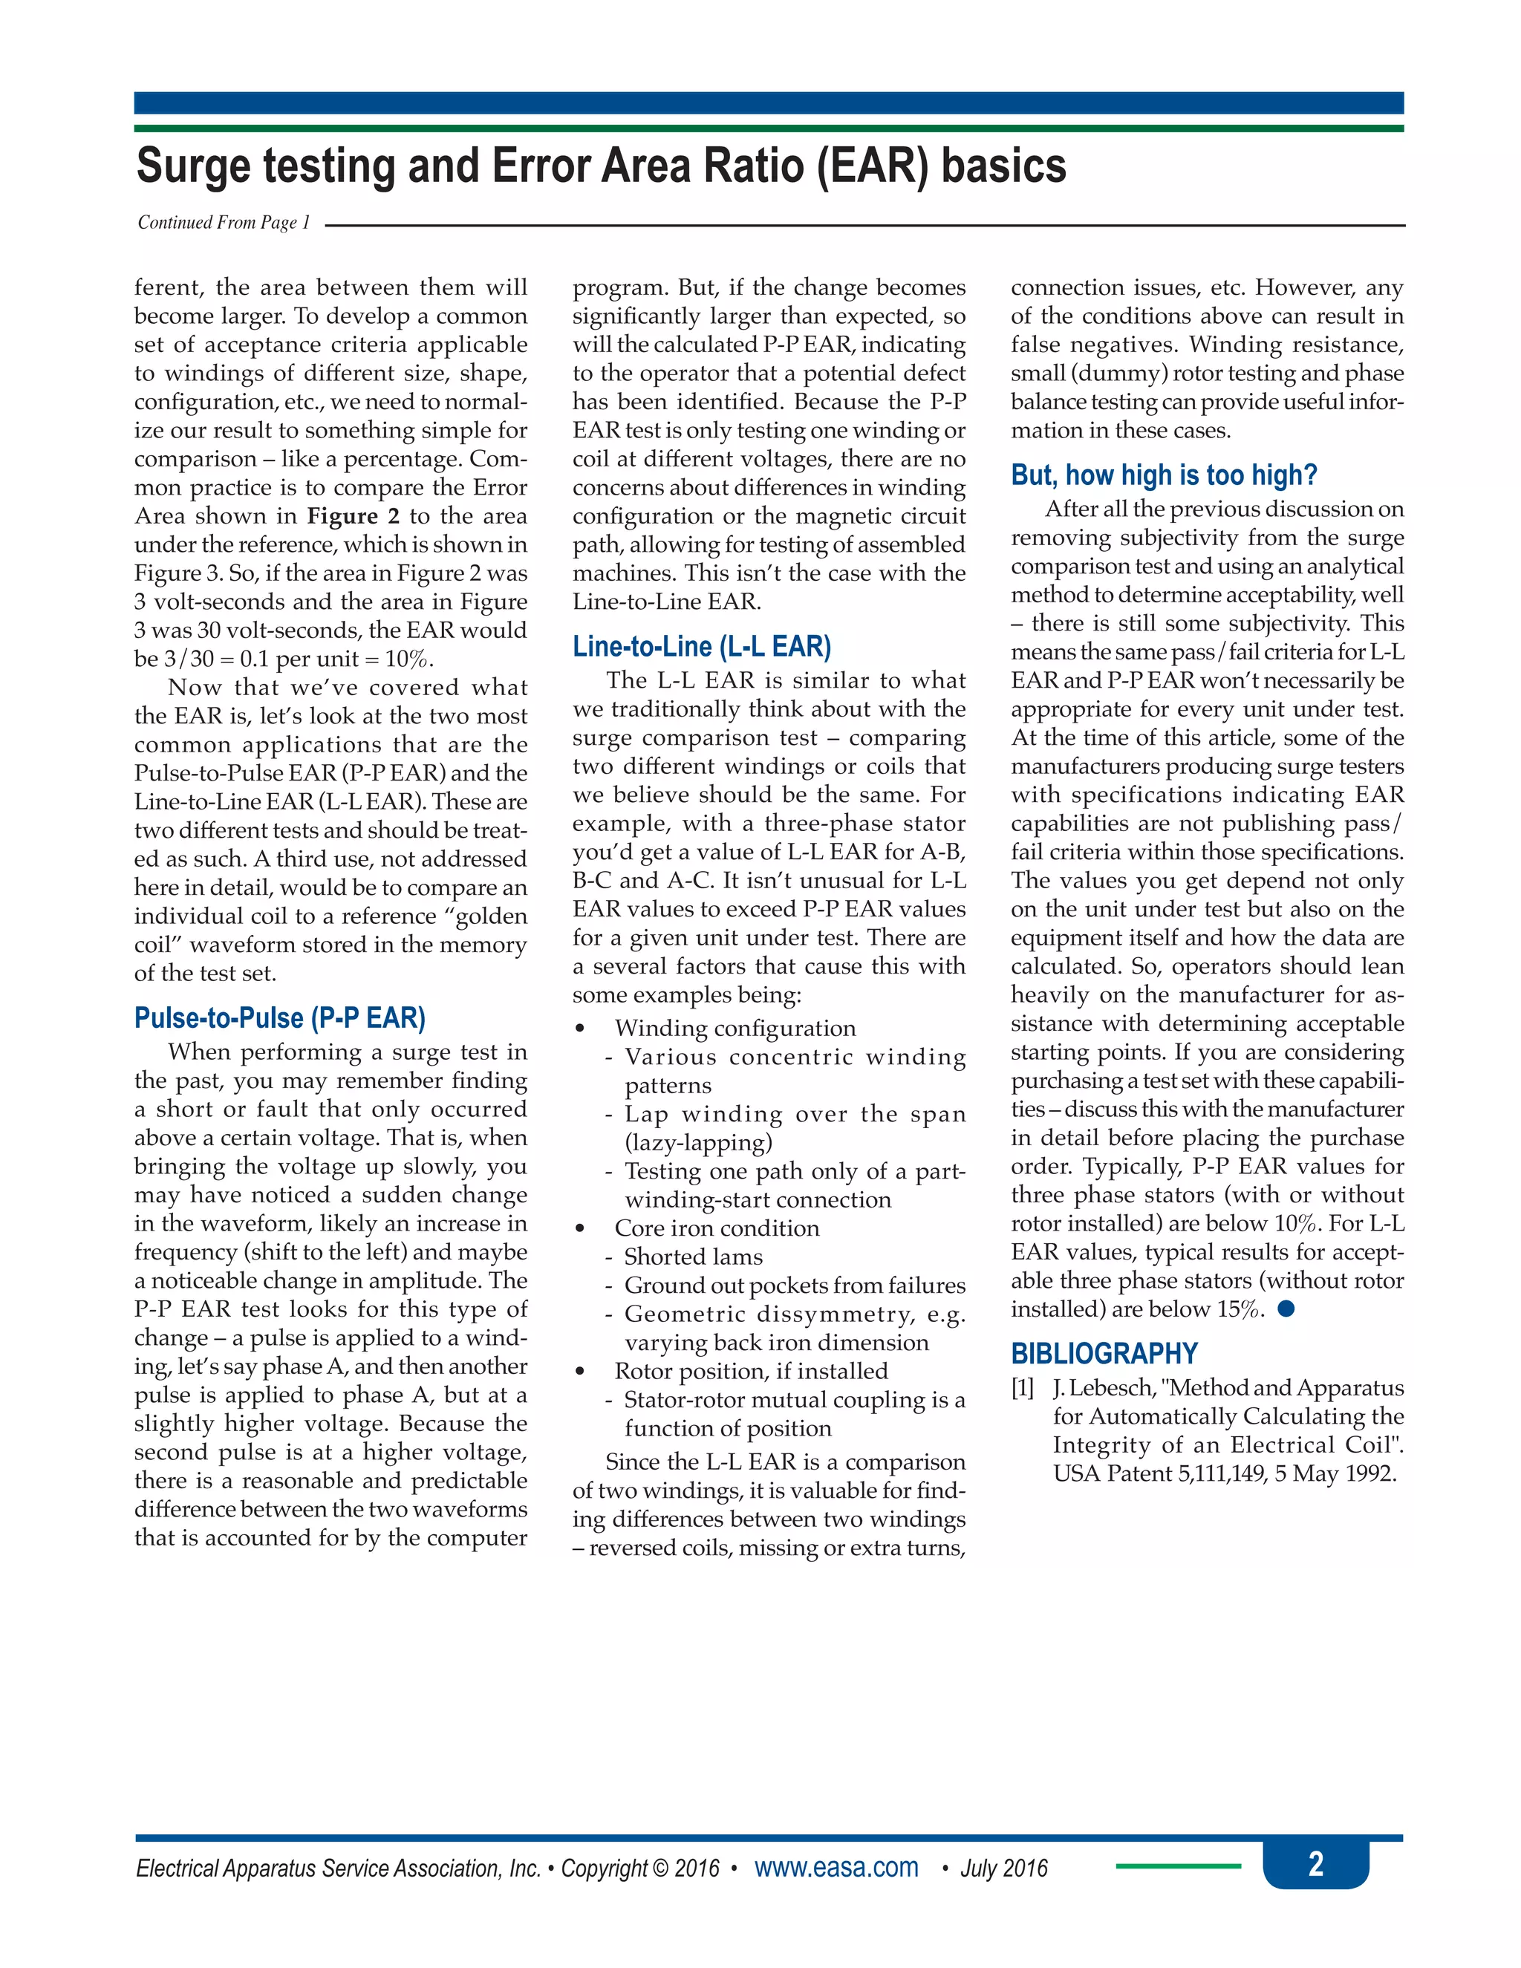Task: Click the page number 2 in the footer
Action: click(x=1315, y=1863)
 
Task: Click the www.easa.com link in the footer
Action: click(x=836, y=1867)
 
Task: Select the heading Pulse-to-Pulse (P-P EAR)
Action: click(x=279, y=1018)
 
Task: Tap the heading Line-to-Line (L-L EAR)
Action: click(x=701, y=646)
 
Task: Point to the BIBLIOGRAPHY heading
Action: click(x=1104, y=1353)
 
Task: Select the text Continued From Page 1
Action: click(x=224, y=223)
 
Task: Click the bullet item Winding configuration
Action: click(x=735, y=1028)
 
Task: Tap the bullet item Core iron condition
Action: click(x=717, y=1228)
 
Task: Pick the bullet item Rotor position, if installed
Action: click(x=751, y=1371)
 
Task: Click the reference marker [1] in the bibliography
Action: click(x=1022, y=1388)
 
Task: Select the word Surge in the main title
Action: click(x=195, y=166)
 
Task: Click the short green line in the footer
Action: click(x=1177, y=1866)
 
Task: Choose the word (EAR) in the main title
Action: click(x=872, y=166)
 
